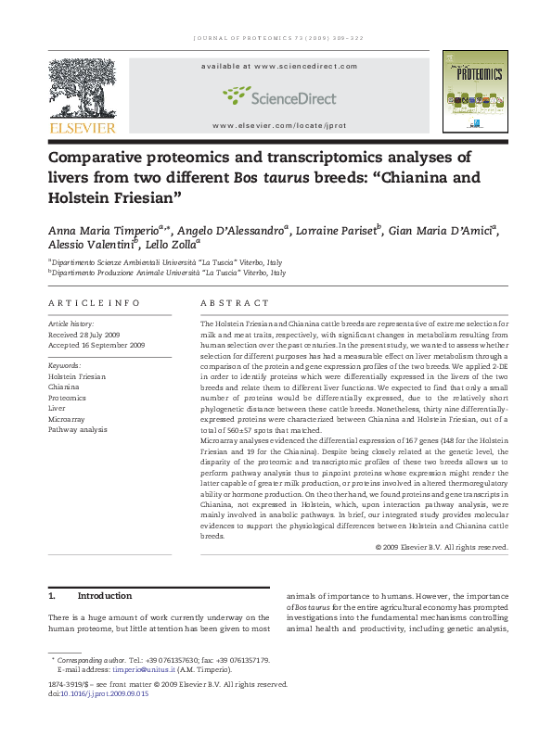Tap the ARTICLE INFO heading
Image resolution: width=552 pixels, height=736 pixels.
(94, 303)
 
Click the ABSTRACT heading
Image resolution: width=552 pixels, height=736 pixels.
(234, 303)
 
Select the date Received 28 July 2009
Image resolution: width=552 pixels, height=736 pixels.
(89, 334)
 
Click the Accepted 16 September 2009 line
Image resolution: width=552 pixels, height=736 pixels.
(96, 345)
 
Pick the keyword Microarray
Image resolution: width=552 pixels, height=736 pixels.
(68, 418)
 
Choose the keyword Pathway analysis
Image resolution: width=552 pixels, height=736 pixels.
(79, 429)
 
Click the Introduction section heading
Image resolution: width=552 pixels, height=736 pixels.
(104, 596)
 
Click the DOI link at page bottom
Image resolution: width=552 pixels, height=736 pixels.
(104, 693)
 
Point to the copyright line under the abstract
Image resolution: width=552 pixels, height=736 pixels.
(442, 547)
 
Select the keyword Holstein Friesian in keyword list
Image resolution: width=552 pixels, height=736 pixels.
(77, 377)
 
